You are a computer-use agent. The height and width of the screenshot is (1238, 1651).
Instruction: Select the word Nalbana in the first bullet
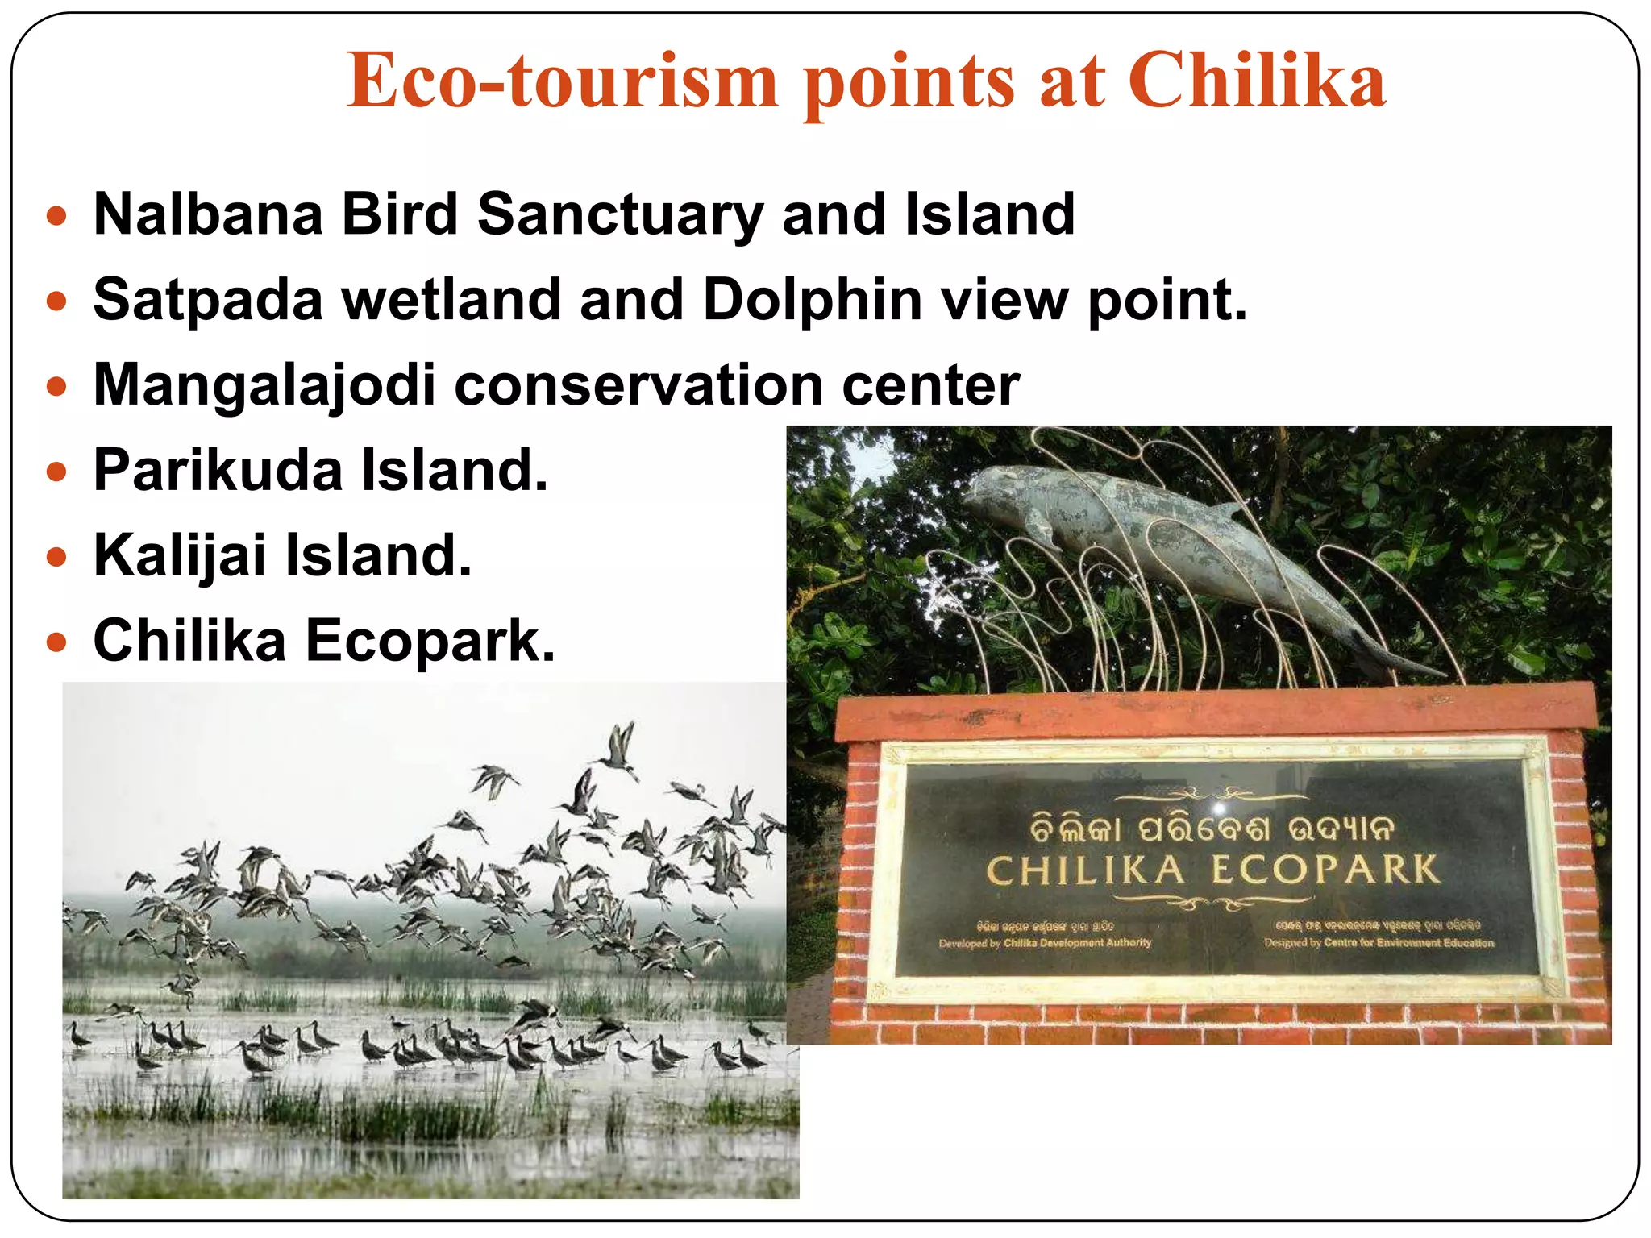click(208, 214)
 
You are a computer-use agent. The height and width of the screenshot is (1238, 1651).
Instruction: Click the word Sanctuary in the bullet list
click(620, 214)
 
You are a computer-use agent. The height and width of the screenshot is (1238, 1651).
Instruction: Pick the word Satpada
click(208, 300)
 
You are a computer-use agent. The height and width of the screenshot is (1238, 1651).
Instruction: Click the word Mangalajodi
click(264, 385)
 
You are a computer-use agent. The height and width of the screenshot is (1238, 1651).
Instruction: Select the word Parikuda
click(218, 470)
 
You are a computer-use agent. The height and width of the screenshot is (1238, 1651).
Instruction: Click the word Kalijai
click(180, 555)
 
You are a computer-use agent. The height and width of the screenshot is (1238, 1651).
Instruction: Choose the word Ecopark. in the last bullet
click(430, 641)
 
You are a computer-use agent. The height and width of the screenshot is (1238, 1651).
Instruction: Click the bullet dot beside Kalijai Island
click(56, 557)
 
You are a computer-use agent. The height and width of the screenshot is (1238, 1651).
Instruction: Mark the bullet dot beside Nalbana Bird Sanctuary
click(56, 216)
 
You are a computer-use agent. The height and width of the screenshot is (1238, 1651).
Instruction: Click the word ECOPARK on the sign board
click(1325, 870)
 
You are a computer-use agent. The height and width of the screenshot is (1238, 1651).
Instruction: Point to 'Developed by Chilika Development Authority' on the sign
click(1045, 942)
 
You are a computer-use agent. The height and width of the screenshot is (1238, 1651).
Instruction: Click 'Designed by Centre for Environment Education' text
click(1379, 942)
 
